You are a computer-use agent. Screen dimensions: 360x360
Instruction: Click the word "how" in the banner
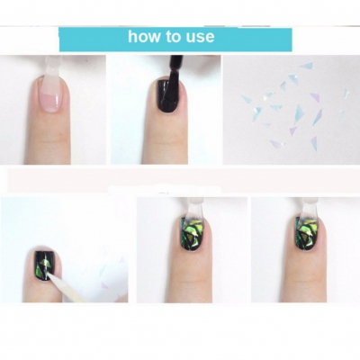coord(144,38)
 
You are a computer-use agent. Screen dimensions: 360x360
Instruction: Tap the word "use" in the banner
coord(199,38)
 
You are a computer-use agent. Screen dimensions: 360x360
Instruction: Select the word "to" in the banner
coord(172,38)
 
